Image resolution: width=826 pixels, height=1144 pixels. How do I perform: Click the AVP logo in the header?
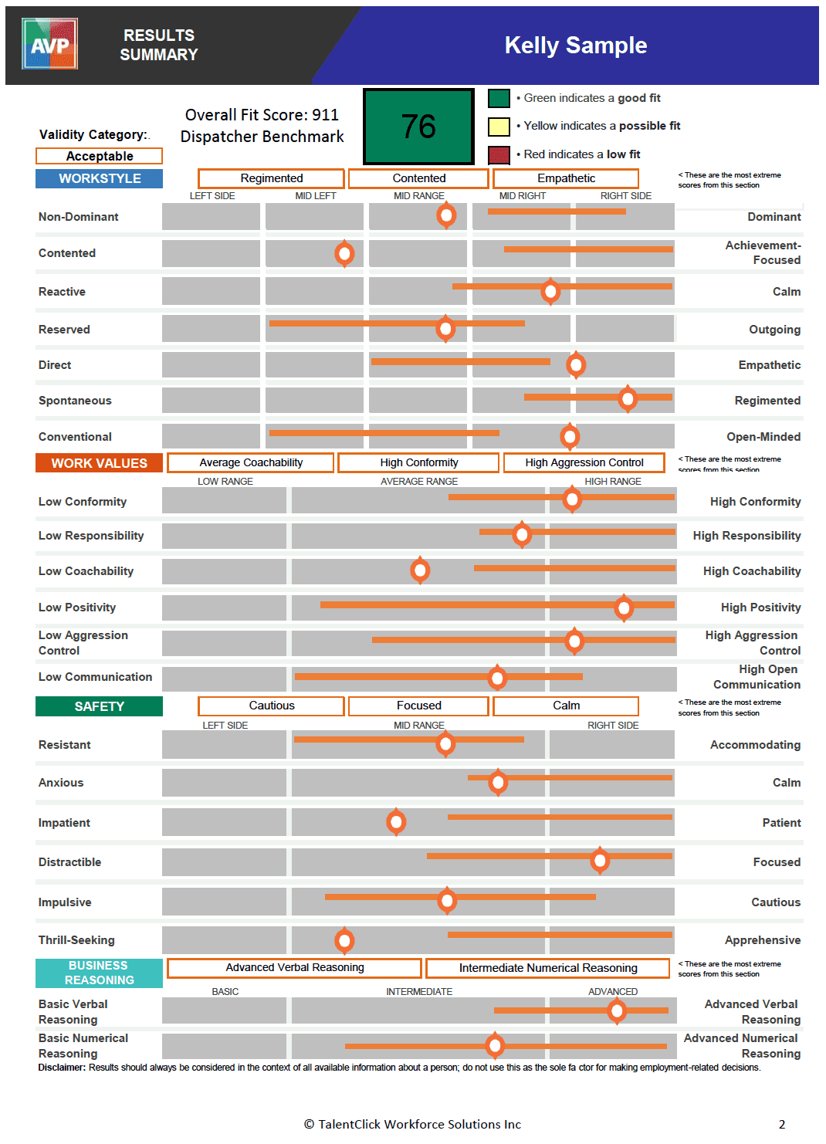coord(50,44)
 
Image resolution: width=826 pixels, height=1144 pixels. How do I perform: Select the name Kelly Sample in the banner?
coord(575,46)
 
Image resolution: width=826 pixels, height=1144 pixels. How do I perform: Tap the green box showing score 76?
coord(418,126)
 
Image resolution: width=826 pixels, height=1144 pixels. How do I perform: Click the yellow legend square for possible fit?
coord(499,127)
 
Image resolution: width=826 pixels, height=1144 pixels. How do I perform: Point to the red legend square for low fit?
coord(499,154)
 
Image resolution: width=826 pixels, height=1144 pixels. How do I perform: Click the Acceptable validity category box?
coord(99,156)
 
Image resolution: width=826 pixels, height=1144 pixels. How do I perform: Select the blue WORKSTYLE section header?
coord(99,178)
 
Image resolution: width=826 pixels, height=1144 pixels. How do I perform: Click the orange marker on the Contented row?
coord(344,252)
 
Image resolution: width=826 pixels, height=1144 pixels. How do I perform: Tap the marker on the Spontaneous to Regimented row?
coord(628,398)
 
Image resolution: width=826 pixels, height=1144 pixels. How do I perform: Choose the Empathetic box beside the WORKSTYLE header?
coord(566,178)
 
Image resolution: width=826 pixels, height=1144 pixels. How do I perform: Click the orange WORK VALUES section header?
coord(99,463)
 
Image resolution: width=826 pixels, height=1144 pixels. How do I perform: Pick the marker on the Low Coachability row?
coord(420,570)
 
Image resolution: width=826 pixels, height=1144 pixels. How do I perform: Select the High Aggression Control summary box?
coord(584,462)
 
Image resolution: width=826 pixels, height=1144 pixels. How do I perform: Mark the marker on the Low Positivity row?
coord(624,608)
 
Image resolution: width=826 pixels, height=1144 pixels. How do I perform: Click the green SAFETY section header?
coord(99,706)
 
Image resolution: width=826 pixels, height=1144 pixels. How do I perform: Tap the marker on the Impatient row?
coord(396,821)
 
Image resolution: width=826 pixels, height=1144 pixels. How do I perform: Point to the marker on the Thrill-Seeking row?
coord(344,940)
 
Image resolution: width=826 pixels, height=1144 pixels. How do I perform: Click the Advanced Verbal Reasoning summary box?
coord(294,967)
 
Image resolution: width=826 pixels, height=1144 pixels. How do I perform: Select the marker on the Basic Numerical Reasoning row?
coord(495,1045)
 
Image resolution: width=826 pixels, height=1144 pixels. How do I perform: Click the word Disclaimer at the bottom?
coord(61,1068)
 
